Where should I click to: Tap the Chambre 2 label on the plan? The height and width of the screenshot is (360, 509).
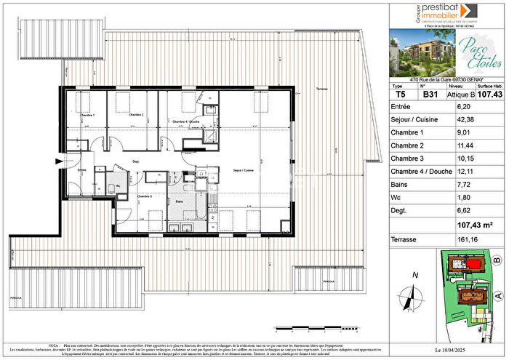(136, 115)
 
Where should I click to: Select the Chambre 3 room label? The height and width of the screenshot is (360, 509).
(144, 196)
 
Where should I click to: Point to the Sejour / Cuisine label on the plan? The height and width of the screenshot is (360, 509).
(243, 169)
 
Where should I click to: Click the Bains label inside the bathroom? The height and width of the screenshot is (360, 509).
(178, 201)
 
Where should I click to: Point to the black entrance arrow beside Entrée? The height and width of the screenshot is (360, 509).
(59, 161)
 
